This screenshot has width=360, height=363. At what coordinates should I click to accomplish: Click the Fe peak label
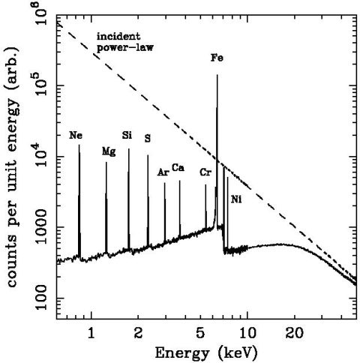[217, 57]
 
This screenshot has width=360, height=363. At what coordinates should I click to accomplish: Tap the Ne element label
[76, 136]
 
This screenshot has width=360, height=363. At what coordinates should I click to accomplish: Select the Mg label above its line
[109, 151]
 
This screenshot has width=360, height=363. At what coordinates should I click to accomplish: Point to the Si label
[127, 136]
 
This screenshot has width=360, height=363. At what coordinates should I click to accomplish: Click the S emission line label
[148, 139]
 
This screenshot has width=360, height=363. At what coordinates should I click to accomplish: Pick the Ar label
[163, 172]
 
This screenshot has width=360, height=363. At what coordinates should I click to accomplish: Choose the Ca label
[178, 167]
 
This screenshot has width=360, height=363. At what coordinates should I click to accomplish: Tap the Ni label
[236, 199]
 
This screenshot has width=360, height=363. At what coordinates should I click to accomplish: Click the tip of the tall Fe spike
[217, 75]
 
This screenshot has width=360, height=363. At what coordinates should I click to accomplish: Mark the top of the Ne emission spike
[79, 146]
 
